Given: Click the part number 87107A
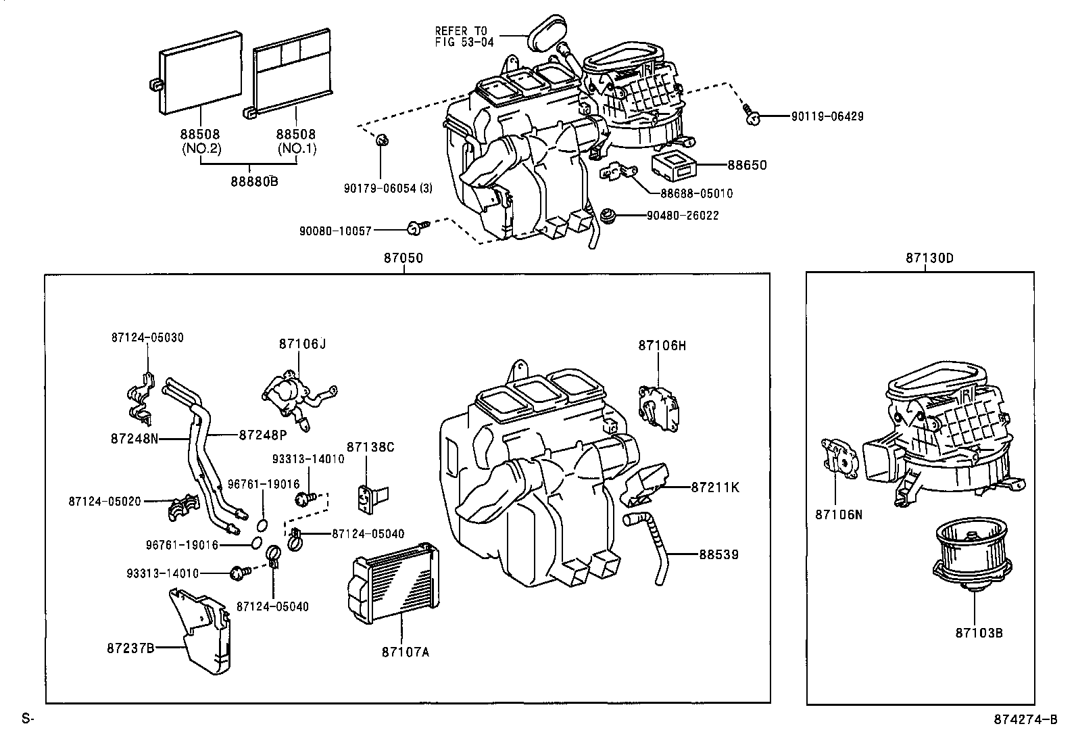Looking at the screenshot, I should [405, 652].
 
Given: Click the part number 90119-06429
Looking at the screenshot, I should [827, 117].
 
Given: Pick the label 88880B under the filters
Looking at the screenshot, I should [253, 181].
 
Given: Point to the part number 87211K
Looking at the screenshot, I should [715, 487].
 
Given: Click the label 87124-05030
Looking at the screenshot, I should [147, 337].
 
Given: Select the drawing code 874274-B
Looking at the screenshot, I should [1025, 719].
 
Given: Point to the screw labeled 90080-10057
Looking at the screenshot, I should [414, 230].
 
